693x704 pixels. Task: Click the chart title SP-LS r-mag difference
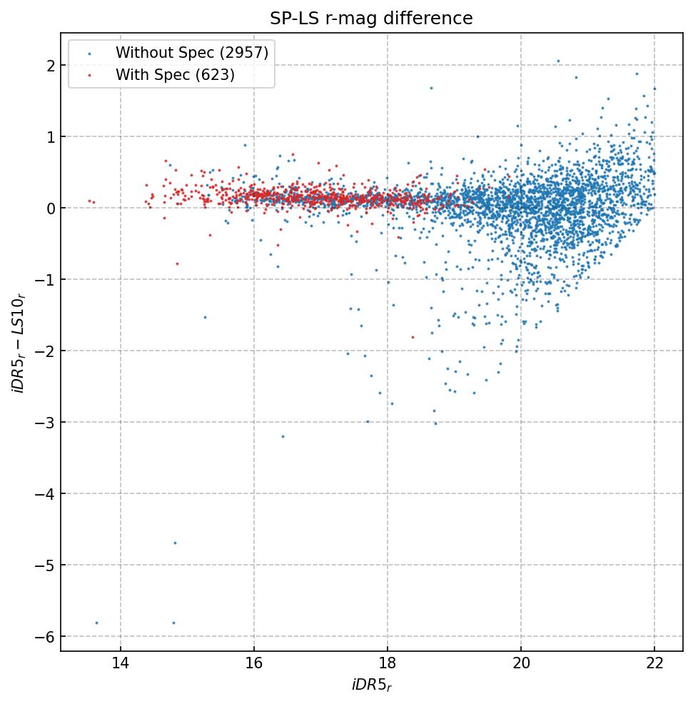(371, 19)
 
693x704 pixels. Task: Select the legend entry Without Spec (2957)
(191, 52)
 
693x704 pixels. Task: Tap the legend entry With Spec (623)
(175, 74)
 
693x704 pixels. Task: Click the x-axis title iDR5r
(371, 685)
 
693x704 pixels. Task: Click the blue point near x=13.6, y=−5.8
(96, 623)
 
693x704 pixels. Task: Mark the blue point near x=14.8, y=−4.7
(175, 543)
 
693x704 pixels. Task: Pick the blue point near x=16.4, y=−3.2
(283, 436)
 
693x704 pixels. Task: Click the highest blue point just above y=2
(558, 61)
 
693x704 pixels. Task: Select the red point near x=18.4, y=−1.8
(413, 337)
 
